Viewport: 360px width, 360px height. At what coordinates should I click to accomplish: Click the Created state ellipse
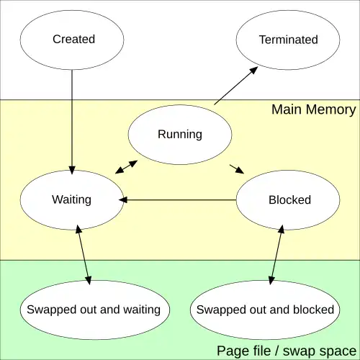pyautogui.click(x=72, y=40)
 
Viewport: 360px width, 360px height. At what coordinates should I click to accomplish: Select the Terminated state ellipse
pyautogui.click(x=288, y=40)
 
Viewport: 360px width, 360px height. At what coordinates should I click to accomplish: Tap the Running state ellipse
pyautogui.click(x=180, y=135)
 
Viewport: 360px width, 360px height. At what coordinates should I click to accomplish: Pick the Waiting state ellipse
pyautogui.click(x=72, y=200)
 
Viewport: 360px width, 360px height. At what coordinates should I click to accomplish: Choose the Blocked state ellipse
pyautogui.click(x=288, y=200)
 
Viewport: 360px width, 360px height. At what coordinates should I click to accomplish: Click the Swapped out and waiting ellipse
pyautogui.click(x=95, y=310)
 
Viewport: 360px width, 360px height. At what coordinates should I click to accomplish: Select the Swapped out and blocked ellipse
pyautogui.click(x=265, y=310)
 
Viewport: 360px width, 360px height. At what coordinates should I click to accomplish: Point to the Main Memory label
pyautogui.click(x=314, y=109)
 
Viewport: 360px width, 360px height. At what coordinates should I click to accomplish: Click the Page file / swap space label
pyautogui.click(x=287, y=351)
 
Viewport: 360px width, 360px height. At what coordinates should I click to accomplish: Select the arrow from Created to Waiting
pyautogui.click(x=72, y=122)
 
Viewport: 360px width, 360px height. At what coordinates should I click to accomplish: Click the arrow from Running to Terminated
pyautogui.click(x=236, y=86)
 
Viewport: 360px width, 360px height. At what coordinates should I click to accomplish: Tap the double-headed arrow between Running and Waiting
pyautogui.click(x=126, y=167)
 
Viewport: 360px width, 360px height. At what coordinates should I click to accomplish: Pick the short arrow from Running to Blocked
pyautogui.click(x=237, y=169)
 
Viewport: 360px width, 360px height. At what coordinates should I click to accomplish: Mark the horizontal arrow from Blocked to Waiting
pyautogui.click(x=178, y=200)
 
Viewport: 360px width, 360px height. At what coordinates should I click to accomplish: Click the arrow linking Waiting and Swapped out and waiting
pyautogui.click(x=84, y=255)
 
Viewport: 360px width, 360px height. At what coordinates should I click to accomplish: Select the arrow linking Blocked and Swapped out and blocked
pyautogui.click(x=276, y=255)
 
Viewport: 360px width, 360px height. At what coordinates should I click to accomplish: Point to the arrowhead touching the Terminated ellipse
pyautogui.click(x=253, y=71)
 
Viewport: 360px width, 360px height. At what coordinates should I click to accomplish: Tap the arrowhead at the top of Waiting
pyautogui.click(x=72, y=170)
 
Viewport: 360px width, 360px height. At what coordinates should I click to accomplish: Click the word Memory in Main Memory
pyautogui.click(x=331, y=109)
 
